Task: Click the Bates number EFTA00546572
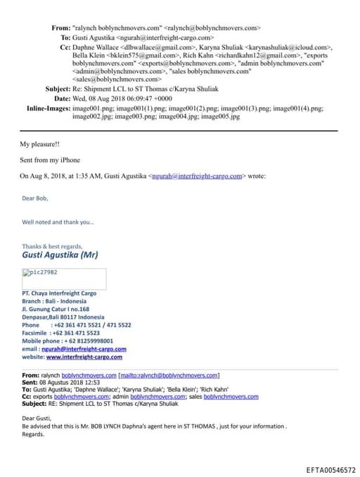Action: click(330, 469)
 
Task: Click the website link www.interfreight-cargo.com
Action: click(84, 357)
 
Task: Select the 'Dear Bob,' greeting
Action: click(35, 198)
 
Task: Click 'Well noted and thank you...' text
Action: click(58, 222)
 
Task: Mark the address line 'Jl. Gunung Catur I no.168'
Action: click(56, 309)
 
